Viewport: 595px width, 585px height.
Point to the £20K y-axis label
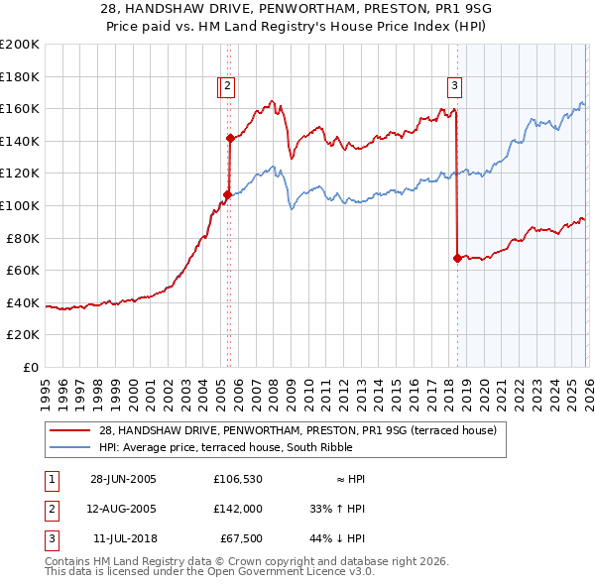pos(23,335)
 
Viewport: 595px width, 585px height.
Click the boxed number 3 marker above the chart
pos(454,86)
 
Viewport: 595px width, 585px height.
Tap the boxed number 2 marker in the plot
pos(227,86)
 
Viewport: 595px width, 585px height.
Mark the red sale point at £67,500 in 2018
pos(457,259)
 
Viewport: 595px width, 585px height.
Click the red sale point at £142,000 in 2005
pos(229,139)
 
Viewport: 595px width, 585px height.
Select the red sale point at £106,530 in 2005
pos(227,195)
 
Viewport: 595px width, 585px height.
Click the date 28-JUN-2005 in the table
pos(123,479)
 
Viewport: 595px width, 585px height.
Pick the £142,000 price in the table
pos(237,509)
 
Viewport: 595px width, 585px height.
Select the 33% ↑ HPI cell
pos(338,509)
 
